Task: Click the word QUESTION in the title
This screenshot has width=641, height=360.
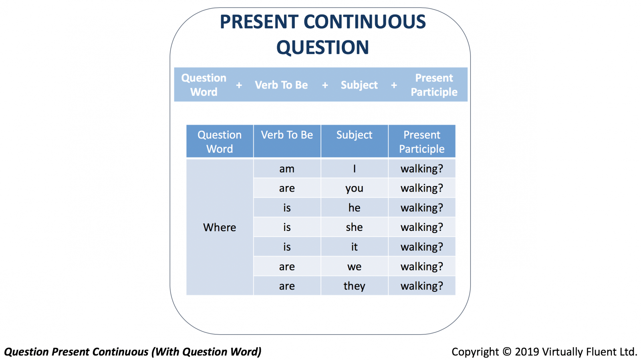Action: [x=323, y=47]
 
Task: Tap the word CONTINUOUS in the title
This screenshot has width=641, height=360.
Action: [x=365, y=22]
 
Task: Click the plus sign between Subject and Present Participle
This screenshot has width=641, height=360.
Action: [x=394, y=85]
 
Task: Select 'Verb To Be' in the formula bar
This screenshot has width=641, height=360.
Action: [x=281, y=85]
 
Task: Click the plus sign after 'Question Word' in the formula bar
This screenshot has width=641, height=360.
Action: [x=239, y=85]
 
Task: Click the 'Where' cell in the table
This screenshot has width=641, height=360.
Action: [x=220, y=227]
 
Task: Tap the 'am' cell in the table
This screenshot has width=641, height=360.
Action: [x=287, y=169]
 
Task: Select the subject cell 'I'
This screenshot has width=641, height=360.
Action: [x=354, y=168]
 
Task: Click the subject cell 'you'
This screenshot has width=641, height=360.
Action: [x=354, y=188]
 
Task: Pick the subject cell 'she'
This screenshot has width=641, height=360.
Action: [x=354, y=227]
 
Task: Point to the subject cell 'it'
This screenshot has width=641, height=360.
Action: [x=354, y=247]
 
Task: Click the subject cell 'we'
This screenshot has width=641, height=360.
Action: [x=354, y=267]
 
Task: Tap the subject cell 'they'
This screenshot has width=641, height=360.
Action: [x=354, y=286]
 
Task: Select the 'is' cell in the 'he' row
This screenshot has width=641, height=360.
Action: [x=287, y=208]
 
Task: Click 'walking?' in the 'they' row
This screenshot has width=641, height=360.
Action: [x=422, y=286]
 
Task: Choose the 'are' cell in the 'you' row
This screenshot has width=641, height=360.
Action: [x=287, y=188]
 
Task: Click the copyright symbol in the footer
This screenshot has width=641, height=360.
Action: [x=507, y=352]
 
